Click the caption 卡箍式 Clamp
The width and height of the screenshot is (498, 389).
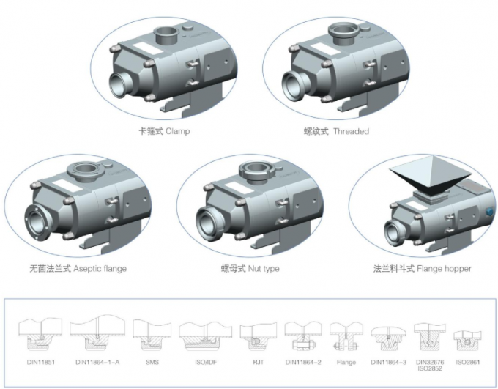pyautogui.click(x=166, y=131)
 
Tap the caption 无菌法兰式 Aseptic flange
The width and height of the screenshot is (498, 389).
pyautogui.click(x=78, y=269)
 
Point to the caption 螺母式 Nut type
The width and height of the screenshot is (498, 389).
pyautogui.click(x=250, y=269)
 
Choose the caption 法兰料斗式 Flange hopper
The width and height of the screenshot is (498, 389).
pyautogui.click(x=422, y=269)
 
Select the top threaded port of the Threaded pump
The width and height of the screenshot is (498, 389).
pyautogui.click(x=343, y=32)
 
